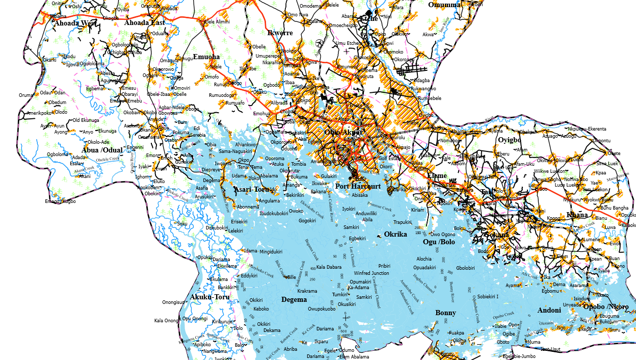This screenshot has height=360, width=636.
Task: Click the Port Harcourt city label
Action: coord(358,187)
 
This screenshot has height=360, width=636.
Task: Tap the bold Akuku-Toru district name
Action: coord(209,297)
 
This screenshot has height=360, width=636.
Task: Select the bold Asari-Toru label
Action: coord(251,190)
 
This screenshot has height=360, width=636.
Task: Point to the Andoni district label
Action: coord(549,310)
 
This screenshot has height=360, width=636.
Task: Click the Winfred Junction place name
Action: coord(372,273)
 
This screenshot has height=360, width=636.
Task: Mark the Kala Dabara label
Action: coord(329,267)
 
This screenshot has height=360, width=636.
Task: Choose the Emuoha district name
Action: coord(206,57)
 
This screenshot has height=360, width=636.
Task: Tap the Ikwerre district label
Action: coord(280,33)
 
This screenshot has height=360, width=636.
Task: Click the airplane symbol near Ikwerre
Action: coord(320,41)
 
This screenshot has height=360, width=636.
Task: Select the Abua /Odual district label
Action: coord(102,150)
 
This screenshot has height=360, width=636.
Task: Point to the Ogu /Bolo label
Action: coord(439,242)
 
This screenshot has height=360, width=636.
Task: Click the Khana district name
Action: coord(577,215)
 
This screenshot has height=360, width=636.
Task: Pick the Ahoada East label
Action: coord(145,22)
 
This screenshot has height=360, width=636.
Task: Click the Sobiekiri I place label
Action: coord(488,296)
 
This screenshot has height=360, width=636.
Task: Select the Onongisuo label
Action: coord(173,302)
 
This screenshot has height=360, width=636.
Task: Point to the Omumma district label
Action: coord(444,5)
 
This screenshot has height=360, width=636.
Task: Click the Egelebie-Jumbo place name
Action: coord(520,356)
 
